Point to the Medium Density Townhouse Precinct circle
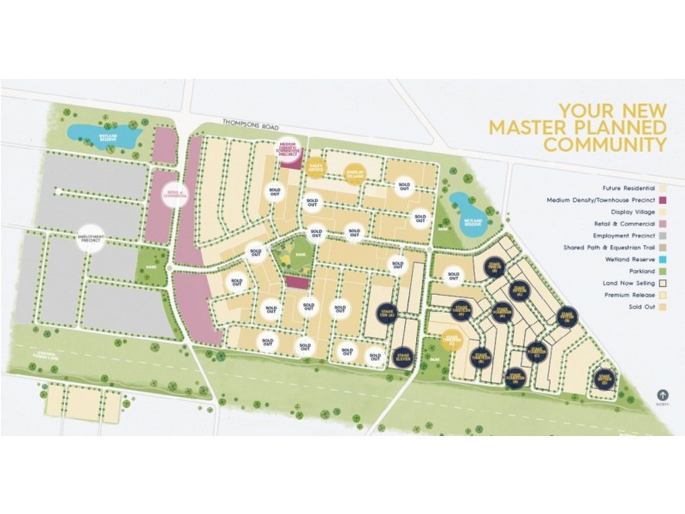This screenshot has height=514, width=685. click(289, 151)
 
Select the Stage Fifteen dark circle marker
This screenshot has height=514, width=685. click(494, 268)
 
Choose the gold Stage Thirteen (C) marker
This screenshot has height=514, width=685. click(453, 340)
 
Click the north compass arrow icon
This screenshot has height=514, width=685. click(661, 397)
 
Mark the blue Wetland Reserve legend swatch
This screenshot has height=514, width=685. click(663, 255)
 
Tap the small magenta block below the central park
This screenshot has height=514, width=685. click(296, 283)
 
